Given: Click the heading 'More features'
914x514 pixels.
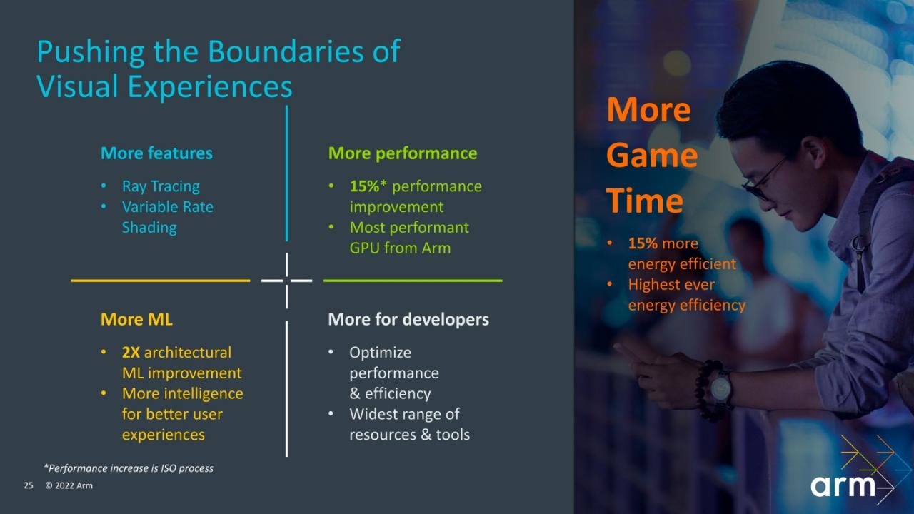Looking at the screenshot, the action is click(x=156, y=153).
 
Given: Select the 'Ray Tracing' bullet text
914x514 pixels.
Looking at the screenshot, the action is click(x=161, y=186).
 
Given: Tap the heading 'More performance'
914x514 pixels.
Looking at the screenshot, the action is click(x=403, y=153).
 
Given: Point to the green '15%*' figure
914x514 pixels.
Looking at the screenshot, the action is click(x=368, y=186).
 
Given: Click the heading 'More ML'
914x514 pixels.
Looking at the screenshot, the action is click(x=136, y=319).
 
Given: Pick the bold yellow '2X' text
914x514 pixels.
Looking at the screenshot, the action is click(x=131, y=353).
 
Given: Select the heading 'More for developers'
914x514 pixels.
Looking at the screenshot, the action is click(x=408, y=319).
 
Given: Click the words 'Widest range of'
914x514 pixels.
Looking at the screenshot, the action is click(x=404, y=414).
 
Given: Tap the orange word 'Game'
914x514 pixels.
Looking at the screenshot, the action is click(x=652, y=156).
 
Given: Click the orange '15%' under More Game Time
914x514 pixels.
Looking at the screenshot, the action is click(x=643, y=243).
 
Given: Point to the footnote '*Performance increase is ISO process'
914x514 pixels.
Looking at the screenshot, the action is click(x=129, y=468).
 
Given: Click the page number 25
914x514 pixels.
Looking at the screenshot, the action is click(x=29, y=485).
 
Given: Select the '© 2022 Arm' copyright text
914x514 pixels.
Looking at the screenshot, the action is click(x=69, y=485).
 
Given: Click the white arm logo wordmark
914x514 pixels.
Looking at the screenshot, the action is click(x=843, y=486).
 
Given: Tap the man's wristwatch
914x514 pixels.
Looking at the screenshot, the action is click(x=720, y=388).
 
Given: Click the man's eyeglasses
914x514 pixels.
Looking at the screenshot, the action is click(x=764, y=182).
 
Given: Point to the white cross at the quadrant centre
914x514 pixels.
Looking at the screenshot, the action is click(x=287, y=281).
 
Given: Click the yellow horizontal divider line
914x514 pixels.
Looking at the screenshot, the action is click(x=161, y=281).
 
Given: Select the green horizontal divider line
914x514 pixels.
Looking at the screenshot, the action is click(x=413, y=281).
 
